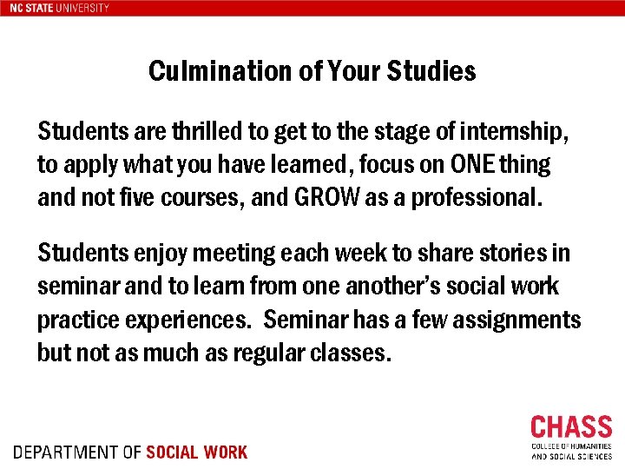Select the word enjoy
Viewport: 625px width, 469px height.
[155, 254]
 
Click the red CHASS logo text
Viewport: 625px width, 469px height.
[571, 427]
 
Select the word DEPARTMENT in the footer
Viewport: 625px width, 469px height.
[66, 452]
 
